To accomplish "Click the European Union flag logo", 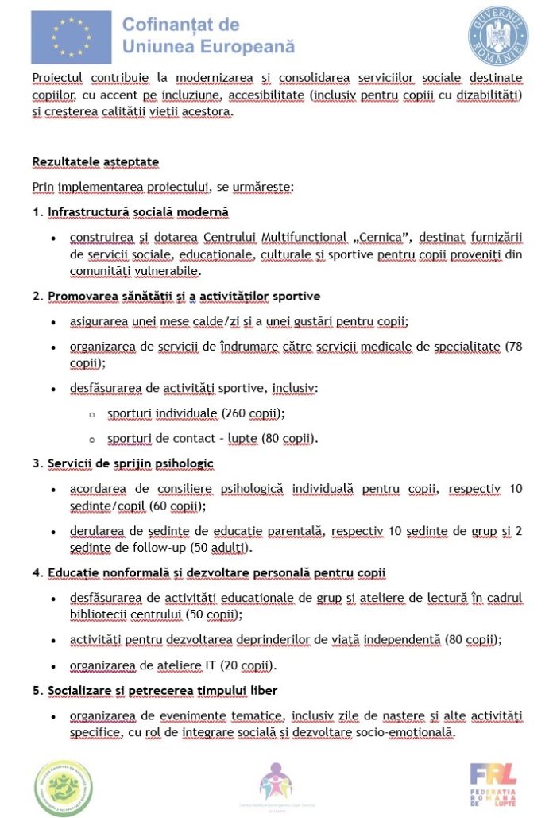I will (x=71, y=37).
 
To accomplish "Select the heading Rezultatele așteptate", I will (x=95, y=161).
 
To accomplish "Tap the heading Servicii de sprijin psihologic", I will (x=130, y=463).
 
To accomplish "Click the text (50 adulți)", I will (x=226, y=548).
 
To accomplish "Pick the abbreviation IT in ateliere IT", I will (x=217, y=665).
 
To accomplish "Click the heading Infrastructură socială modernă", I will (x=138, y=212).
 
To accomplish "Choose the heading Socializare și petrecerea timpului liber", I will (x=162, y=690).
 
